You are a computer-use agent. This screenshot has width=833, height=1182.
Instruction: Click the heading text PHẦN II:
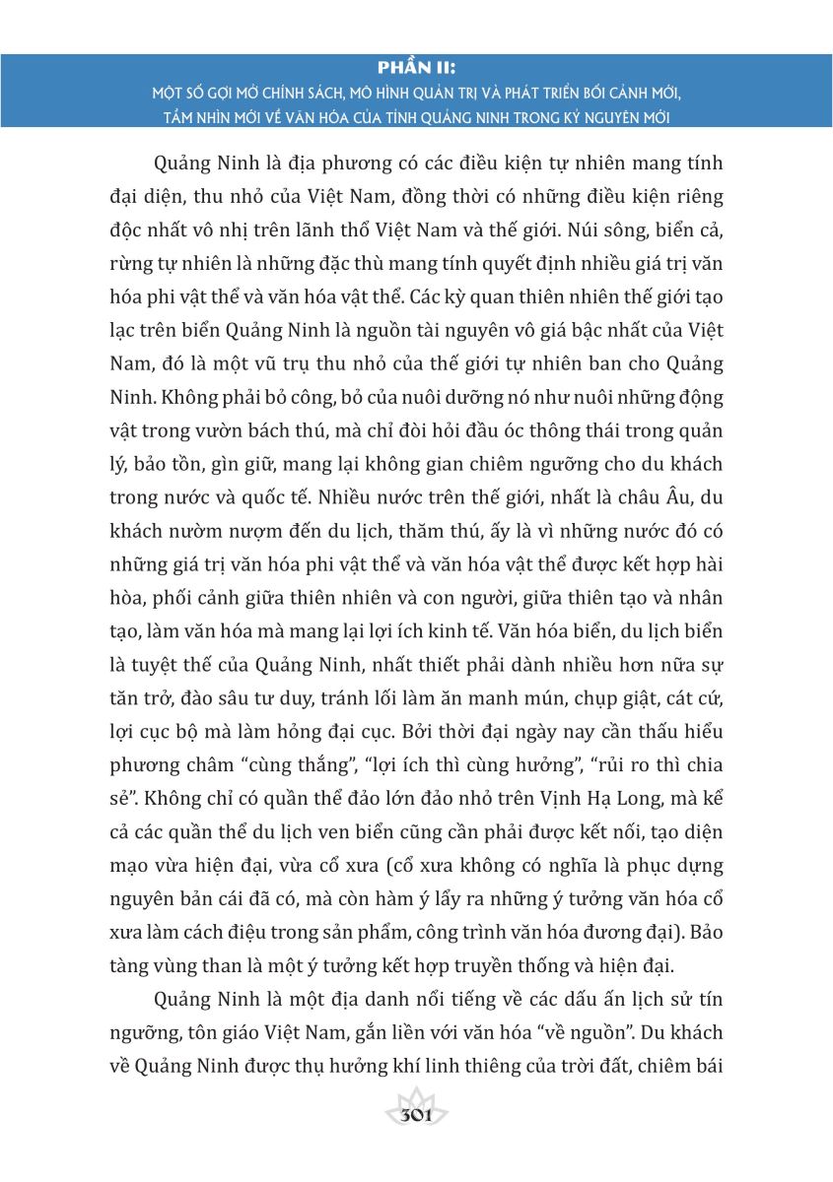416,68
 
